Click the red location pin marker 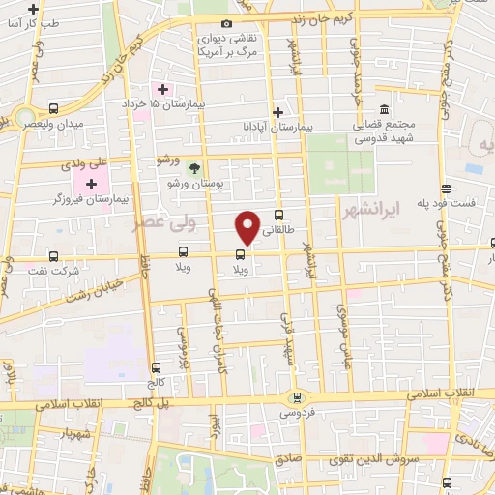coord(248,226)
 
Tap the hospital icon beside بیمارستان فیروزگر coord(92,184)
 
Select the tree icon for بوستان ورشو coord(193,169)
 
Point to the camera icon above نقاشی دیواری coord(226,24)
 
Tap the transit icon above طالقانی coord(279,216)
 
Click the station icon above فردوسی coord(298,396)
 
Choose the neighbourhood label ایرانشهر coord(371,211)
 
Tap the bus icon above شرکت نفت coord(52,257)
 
